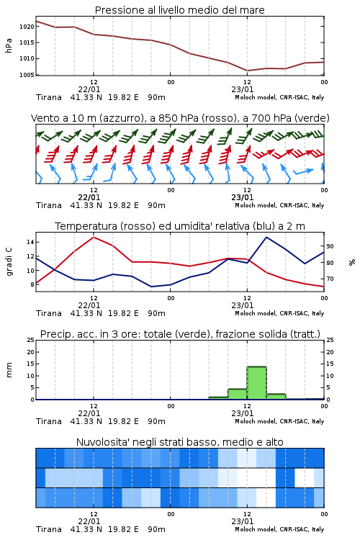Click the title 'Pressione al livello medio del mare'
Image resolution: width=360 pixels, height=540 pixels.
[179, 10]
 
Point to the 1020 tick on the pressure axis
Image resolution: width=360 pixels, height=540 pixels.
[27, 27]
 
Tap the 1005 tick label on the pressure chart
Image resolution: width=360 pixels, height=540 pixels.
[27, 75]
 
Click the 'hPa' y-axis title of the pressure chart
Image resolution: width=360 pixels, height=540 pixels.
[9, 45]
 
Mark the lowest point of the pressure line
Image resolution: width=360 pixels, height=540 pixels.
[248, 71]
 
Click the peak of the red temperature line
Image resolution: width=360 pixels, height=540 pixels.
[94, 237]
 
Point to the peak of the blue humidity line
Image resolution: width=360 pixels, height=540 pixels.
[266, 237]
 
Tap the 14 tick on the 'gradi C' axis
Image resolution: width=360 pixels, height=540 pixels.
[30, 242]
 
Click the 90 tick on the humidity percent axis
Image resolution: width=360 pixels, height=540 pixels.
[330, 246]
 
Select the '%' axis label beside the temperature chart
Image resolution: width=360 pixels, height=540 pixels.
[352, 262]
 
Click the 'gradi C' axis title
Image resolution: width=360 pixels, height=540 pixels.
[9, 261]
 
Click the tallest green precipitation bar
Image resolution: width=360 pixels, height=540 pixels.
[256, 383]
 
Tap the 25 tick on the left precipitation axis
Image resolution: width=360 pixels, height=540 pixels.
[30, 340]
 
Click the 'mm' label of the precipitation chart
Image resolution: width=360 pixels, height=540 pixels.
[9, 370]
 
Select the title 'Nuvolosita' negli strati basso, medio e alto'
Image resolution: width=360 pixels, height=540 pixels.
[179, 442]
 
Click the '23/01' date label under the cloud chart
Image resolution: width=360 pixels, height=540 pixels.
[243, 521]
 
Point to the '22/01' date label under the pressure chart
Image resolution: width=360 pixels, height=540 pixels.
[89, 89]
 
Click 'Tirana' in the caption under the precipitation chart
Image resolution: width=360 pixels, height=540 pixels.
[49, 421]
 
